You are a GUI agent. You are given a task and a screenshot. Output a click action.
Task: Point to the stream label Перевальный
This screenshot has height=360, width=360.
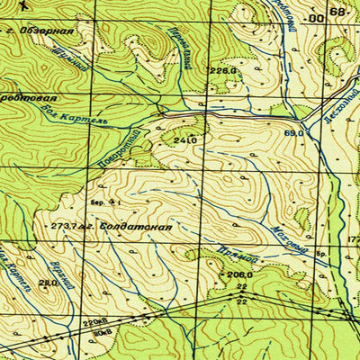179,47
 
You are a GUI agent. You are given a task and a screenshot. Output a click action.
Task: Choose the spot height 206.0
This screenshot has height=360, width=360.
238,274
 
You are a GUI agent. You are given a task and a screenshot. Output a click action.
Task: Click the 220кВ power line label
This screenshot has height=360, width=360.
94,320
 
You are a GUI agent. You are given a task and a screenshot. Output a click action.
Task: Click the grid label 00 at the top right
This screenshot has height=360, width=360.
314,17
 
